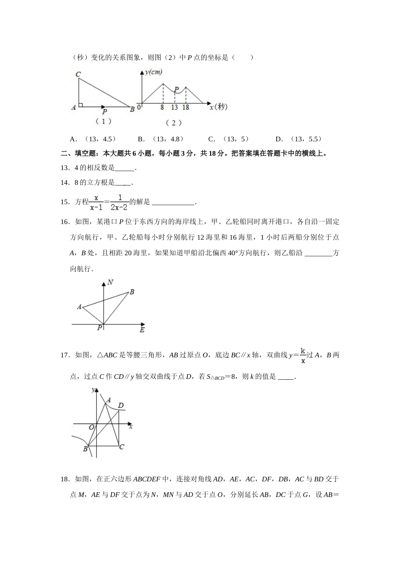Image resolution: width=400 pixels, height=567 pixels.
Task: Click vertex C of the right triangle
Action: pos(78,75)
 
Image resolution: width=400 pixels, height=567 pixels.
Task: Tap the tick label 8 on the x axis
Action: pos(162,108)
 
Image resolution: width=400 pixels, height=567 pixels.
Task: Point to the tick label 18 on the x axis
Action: pos(186,108)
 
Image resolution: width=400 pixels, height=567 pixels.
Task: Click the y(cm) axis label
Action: pos(154,73)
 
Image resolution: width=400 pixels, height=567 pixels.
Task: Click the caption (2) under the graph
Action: pos(173,123)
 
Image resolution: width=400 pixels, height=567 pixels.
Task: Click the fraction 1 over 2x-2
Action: pos(120,202)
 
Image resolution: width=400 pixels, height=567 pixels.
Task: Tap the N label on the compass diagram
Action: pos(110,282)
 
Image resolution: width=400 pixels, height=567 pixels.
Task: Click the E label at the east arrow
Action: pos(142,329)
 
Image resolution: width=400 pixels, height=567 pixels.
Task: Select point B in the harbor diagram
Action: pos(131,292)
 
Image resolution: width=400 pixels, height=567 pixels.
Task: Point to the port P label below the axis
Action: pos(100,328)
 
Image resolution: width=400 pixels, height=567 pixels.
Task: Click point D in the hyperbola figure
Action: pos(121,406)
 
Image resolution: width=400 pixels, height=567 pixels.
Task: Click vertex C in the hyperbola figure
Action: pos(122,446)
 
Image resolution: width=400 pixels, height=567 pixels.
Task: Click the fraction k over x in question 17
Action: pos(303,355)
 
